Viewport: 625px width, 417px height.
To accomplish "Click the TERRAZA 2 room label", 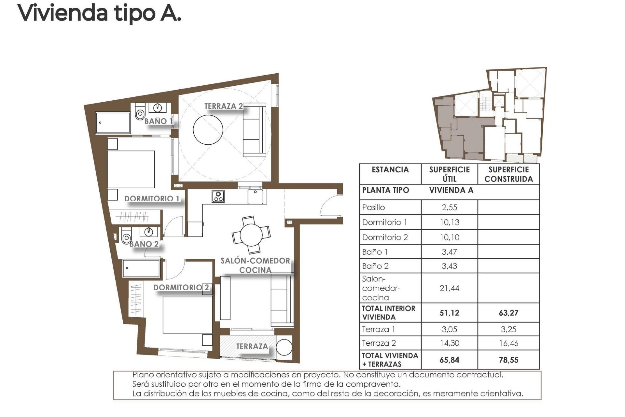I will coord(223,106).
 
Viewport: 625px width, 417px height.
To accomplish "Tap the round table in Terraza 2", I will coord(208,129).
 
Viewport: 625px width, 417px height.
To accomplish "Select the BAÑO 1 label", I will coord(159,121).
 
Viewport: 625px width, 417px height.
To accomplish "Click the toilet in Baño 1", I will coord(140,112).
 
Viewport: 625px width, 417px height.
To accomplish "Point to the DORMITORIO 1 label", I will coord(152,199).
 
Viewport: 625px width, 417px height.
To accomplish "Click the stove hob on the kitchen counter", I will coord(218,196).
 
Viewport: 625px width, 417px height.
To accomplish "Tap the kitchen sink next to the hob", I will coord(256,197).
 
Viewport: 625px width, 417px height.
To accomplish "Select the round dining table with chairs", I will coord(251,235).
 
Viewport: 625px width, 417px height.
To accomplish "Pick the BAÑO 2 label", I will coord(144,244).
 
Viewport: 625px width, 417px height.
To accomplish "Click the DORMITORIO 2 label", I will coord(181,287).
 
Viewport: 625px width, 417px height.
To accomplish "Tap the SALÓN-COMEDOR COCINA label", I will coord(255,265).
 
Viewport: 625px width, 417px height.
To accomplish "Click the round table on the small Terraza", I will coord(284,347).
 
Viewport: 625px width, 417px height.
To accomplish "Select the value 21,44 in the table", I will coord(449,288).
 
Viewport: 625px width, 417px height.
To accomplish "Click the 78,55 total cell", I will coord(508,360).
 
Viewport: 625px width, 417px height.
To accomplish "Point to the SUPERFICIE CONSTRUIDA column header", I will coord(508,174).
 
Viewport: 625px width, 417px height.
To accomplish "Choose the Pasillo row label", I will coord(374,208).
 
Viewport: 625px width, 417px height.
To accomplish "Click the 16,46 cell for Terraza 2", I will coord(508,343).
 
